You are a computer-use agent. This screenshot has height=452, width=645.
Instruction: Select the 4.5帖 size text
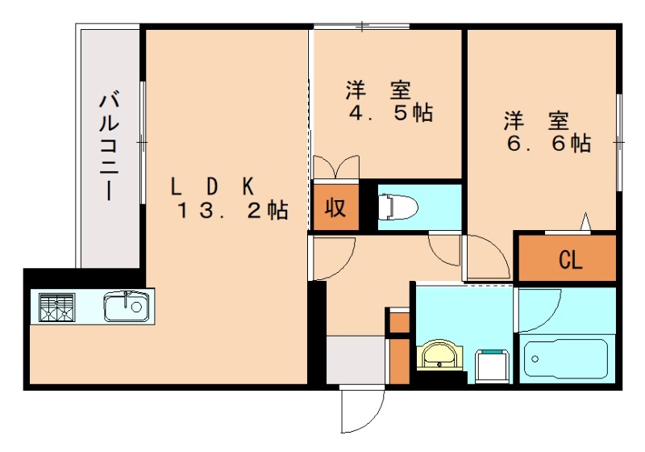pos(390,112)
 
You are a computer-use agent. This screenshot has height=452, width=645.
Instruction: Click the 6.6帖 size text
pos(547,144)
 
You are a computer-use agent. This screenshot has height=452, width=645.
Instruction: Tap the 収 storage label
pos(335,207)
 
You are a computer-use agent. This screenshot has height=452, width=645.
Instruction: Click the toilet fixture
pos(397,207)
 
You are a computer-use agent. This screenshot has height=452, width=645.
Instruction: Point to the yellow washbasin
pos(439,354)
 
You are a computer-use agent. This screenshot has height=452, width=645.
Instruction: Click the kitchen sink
pos(126,306)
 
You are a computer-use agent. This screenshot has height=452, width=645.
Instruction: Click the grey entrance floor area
pos(356,360)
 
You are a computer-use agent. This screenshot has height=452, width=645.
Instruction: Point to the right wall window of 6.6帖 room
pos(619,142)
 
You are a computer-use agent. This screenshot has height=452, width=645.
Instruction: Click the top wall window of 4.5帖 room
pos(363,27)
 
